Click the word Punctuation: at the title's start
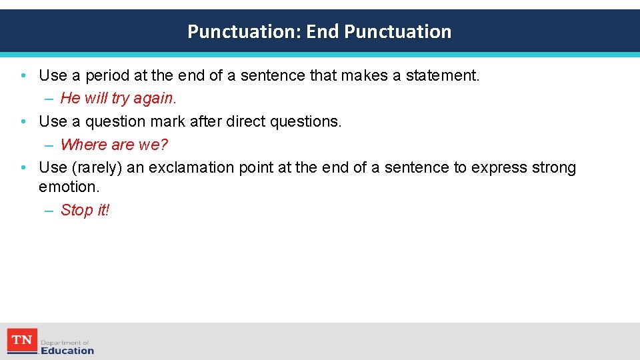(245, 31)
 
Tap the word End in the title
(323, 31)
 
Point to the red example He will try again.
(118, 99)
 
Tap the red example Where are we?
(114, 145)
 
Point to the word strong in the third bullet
(553, 168)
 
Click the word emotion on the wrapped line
(68, 187)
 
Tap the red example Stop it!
(85, 211)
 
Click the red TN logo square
(22, 341)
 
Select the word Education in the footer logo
(67, 351)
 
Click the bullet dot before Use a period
(23, 76)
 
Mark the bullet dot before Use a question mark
(23, 121)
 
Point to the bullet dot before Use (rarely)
(23, 168)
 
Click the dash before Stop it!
(49, 211)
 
